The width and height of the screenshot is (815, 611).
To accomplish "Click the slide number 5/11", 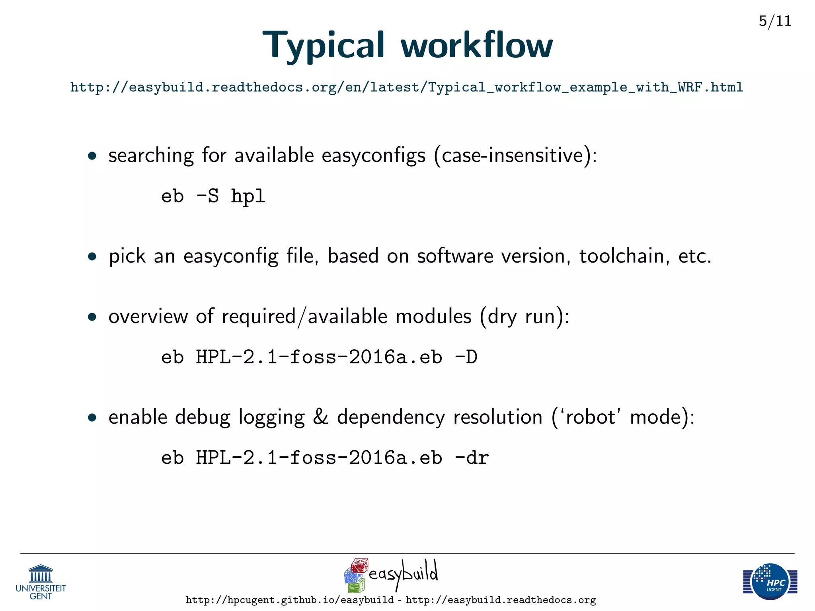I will click(x=775, y=21).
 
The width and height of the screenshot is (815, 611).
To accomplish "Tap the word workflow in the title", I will click(x=476, y=46).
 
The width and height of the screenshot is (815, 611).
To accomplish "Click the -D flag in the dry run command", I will click(x=466, y=357).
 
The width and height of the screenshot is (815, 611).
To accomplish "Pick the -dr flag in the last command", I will click(x=472, y=458).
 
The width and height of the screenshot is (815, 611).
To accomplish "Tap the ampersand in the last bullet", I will click(x=321, y=417).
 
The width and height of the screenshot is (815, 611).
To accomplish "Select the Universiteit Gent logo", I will click(x=41, y=582).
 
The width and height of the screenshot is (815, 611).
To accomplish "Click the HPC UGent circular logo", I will click(x=770, y=581).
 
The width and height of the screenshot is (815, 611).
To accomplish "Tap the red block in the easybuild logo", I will click(x=359, y=565).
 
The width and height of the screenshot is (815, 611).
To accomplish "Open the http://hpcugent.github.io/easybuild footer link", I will click(x=290, y=600).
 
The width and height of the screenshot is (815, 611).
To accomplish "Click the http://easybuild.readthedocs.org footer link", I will click(x=501, y=600).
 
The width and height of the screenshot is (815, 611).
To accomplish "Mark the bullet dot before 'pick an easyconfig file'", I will click(x=92, y=257).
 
